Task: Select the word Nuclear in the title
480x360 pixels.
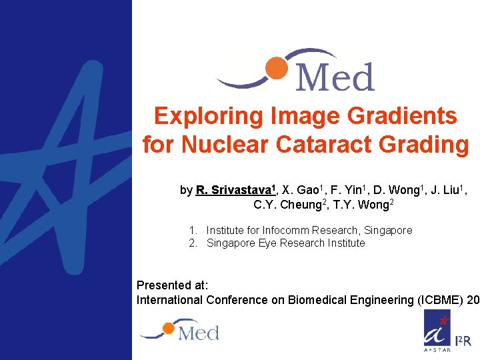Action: pyautogui.click(x=223, y=144)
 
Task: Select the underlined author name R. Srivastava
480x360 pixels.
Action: pyautogui.click(x=230, y=190)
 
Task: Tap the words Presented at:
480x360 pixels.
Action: pyautogui.click(x=173, y=285)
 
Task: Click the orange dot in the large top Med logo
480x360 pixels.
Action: pyautogui.click(x=275, y=67)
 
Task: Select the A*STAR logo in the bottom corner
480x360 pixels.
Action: pyautogui.click(x=437, y=331)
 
